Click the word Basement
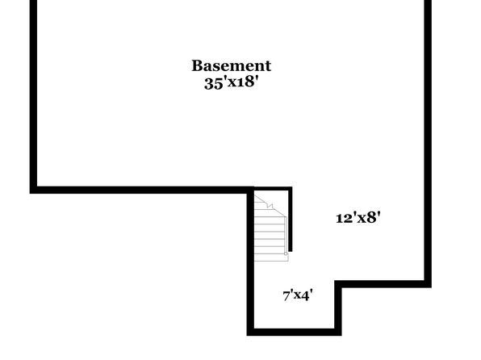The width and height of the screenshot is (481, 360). point(232,65)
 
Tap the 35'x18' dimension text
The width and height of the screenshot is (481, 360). point(230,82)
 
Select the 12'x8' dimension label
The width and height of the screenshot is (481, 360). point(358,218)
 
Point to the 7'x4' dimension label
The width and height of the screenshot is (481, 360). point(298,295)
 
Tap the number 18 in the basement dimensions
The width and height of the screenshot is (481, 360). point(245,82)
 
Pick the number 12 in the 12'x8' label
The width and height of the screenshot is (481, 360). point(344,218)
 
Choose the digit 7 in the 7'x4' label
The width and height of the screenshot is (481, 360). point(287,296)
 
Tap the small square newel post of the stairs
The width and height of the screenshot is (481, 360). point(286,253)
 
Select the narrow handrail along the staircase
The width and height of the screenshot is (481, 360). point(286,235)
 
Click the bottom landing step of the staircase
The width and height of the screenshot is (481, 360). point(271,257)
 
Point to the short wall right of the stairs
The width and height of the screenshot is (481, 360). point(291,219)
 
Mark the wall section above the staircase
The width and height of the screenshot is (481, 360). point(271,188)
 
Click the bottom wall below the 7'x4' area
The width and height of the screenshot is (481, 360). point(295,332)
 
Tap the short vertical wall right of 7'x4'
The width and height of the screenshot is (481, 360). point(338,308)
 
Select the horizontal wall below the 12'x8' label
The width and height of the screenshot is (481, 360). point(383,284)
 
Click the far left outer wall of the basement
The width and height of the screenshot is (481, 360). point(33,97)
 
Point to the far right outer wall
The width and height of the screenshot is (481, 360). point(428,144)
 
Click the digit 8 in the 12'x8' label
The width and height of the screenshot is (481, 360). point(372,218)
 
